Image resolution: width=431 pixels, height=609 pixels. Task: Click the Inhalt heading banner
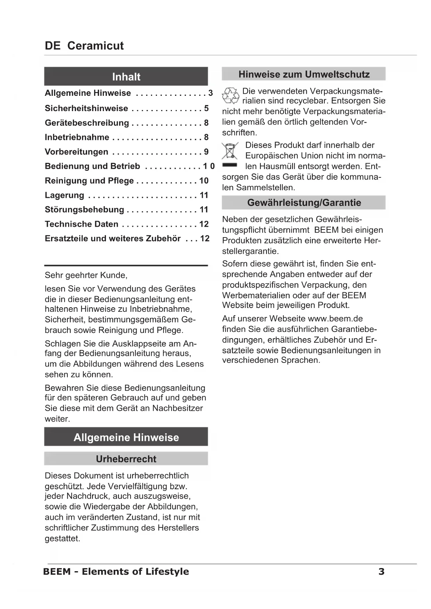click(126, 77)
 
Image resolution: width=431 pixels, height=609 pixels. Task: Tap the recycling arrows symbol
click(230, 96)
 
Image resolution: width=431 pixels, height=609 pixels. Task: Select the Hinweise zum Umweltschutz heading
click(304, 74)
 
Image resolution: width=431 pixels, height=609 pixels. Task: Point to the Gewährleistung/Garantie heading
click(304, 203)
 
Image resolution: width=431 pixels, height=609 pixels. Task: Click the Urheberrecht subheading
click(126, 459)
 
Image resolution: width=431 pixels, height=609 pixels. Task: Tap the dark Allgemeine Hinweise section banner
click(126, 437)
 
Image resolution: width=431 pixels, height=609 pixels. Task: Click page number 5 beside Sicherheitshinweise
click(206, 108)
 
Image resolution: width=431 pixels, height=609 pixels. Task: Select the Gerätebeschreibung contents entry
click(87, 123)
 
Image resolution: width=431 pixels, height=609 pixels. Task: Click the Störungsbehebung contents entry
click(84, 210)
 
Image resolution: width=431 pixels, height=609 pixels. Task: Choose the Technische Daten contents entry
click(82, 224)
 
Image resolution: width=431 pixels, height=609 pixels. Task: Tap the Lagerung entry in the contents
click(65, 195)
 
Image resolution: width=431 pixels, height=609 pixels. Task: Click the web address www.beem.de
click(335, 319)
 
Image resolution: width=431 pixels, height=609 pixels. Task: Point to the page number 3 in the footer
click(381, 572)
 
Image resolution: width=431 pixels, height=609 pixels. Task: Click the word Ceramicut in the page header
click(96, 46)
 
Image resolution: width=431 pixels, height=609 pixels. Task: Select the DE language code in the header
click(52, 46)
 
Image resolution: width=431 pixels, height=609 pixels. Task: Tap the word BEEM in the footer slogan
click(57, 572)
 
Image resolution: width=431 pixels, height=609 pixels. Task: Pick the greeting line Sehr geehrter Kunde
click(86, 275)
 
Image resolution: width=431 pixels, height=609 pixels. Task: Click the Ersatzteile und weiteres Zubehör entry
click(113, 239)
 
